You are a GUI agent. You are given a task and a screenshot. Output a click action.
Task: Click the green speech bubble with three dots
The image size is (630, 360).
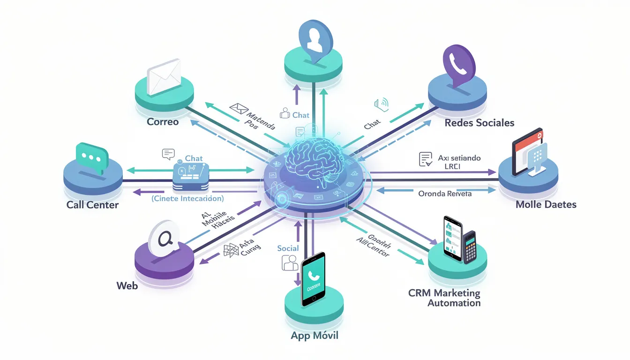91,157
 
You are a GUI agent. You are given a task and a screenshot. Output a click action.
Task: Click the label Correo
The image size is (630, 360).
163,122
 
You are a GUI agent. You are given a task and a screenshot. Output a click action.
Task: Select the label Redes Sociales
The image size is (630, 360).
480,123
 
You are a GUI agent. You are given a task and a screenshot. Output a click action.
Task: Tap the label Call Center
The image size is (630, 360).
92,205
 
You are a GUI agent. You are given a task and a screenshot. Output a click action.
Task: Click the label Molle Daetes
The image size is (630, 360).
546,204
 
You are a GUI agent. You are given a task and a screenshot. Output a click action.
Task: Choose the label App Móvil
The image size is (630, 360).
314,336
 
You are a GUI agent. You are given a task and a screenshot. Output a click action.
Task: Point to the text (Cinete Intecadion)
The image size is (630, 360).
187,199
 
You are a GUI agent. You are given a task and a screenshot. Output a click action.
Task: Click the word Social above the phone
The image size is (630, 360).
288,248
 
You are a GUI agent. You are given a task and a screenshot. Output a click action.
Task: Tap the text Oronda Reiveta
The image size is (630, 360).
445,193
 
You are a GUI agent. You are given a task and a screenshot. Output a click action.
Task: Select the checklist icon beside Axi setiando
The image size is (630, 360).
425,159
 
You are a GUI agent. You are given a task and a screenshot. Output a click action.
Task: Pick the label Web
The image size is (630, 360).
127,285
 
